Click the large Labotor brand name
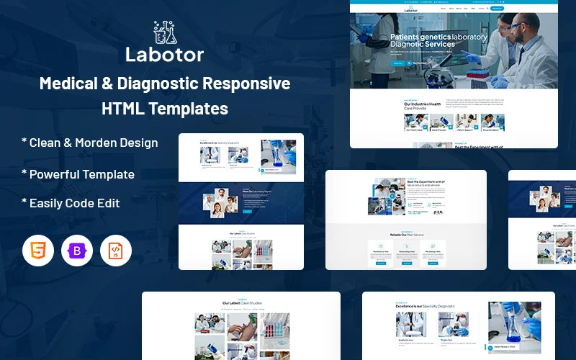pyautogui.click(x=164, y=55)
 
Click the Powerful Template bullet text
pyautogui.click(x=81, y=174)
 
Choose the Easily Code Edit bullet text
pyautogui.click(x=74, y=203)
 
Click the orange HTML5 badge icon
pyautogui.click(x=38, y=251)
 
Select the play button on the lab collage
pyautogui.click(x=392, y=196)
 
